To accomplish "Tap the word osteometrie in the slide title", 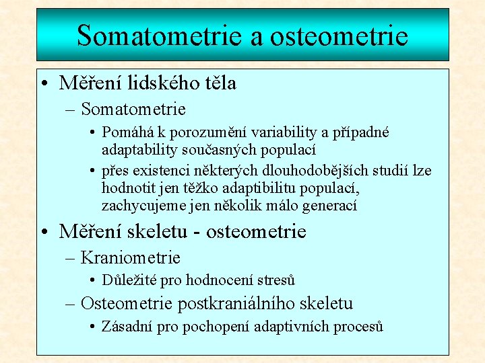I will pyautogui.click(x=339, y=35).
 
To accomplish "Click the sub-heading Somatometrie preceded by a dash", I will pyautogui.click(x=133, y=108).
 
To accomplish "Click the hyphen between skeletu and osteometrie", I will pyautogui.click(x=197, y=233).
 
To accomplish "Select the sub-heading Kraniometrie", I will pyautogui.click(x=130, y=257).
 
